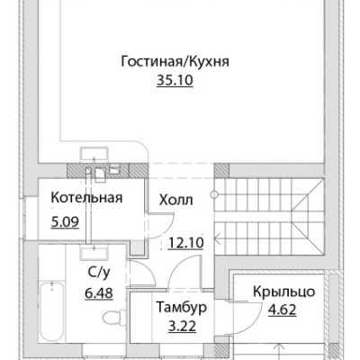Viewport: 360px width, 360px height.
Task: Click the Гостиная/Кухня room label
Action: tap(175, 62)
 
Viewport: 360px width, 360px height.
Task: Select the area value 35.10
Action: tap(175, 80)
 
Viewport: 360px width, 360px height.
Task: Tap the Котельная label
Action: tap(86, 198)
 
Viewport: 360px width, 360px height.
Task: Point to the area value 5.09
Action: tap(65, 222)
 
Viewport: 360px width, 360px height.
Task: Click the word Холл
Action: tap(176, 200)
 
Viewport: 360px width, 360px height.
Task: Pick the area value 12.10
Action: tap(186, 242)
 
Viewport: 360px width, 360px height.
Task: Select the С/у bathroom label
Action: tap(99, 273)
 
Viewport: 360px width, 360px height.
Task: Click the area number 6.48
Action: tap(99, 292)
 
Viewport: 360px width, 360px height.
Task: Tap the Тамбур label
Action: tap(182, 307)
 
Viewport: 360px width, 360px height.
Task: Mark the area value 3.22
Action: tap(182, 326)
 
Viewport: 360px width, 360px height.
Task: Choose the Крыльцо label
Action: tap(283, 292)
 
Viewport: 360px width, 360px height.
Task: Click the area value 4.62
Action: tap(283, 310)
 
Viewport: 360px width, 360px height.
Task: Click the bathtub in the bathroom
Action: tap(51, 311)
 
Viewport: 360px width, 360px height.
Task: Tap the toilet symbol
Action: tap(114, 317)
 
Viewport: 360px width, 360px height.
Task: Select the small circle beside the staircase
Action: tap(214, 194)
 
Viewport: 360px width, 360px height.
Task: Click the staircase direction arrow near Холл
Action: tap(218, 239)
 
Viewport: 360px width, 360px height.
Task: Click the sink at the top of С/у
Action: tap(94, 251)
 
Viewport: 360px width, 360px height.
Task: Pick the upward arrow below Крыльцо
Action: tap(280, 352)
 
